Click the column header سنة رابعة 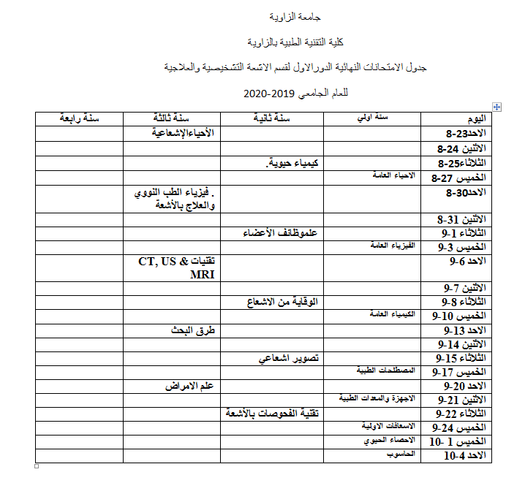[x=80, y=118]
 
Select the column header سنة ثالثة [x=171, y=118]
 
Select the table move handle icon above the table [x=497, y=107]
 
